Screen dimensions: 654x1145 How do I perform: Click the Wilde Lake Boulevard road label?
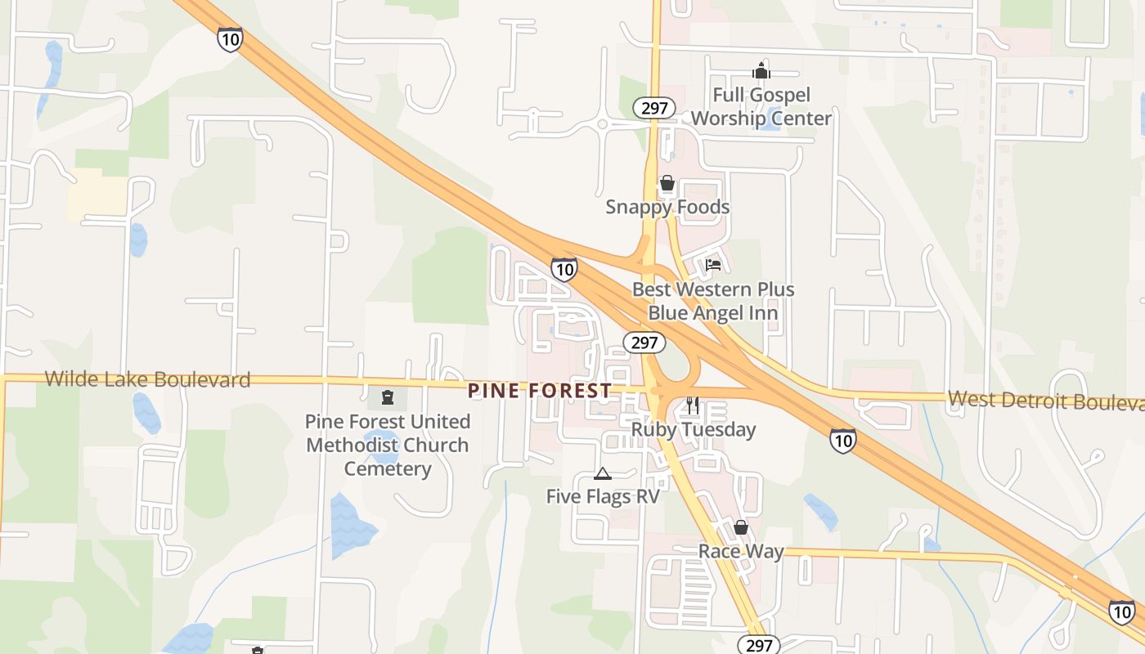pyautogui.click(x=147, y=379)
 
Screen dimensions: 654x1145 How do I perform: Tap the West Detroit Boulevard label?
pyautogui.click(x=1045, y=401)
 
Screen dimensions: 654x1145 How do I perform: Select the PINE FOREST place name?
pyautogui.click(x=540, y=391)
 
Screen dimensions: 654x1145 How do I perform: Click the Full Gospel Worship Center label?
pyautogui.click(x=761, y=106)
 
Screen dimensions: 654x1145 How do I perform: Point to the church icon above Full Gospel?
pyautogui.click(x=761, y=71)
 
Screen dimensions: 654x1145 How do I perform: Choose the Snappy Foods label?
pyautogui.click(x=667, y=207)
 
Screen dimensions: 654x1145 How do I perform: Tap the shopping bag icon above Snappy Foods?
pyautogui.click(x=667, y=183)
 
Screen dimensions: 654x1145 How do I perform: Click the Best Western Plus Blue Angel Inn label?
pyautogui.click(x=713, y=301)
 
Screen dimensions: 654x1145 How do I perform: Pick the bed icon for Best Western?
pyautogui.click(x=713, y=265)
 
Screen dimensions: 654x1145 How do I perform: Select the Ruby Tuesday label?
pyautogui.click(x=694, y=429)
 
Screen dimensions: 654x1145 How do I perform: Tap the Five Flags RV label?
pyautogui.click(x=603, y=496)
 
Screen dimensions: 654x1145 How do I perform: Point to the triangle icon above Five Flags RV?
pyautogui.click(x=603, y=473)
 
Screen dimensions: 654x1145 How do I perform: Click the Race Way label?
pyautogui.click(x=741, y=551)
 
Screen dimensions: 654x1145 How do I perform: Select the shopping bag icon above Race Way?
pyautogui.click(x=741, y=527)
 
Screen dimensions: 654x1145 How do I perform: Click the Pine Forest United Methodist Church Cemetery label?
pyautogui.click(x=388, y=445)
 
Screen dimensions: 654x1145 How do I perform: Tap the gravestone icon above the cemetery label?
pyautogui.click(x=388, y=398)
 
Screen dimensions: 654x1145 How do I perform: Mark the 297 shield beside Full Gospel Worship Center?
pyautogui.click(x=654, y=108)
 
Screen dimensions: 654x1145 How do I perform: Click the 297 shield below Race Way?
pyautogui.click(x=759, y=645)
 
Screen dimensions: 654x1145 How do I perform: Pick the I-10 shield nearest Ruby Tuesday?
pyautogui.click(x=843, y=440)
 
